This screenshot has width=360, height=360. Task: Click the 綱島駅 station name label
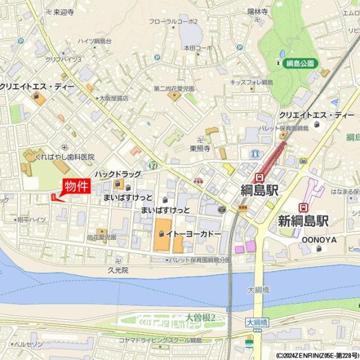259,191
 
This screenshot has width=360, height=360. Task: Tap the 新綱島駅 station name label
303,221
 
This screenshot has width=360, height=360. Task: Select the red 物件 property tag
76,187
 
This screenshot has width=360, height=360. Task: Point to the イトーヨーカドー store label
194,233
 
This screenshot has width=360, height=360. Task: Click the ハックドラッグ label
117,174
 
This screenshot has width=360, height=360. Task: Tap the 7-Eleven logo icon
153,164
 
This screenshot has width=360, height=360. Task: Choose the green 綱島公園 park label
301,63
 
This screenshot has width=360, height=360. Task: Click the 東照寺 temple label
200,148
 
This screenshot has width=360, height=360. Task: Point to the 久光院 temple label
118,271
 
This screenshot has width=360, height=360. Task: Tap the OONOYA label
319,239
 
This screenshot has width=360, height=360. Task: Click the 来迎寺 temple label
63,11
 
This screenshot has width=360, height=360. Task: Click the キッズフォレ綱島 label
252,82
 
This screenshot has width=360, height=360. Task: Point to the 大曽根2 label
200,317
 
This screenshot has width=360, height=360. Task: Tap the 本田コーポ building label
199,47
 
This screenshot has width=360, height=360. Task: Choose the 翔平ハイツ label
32,220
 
